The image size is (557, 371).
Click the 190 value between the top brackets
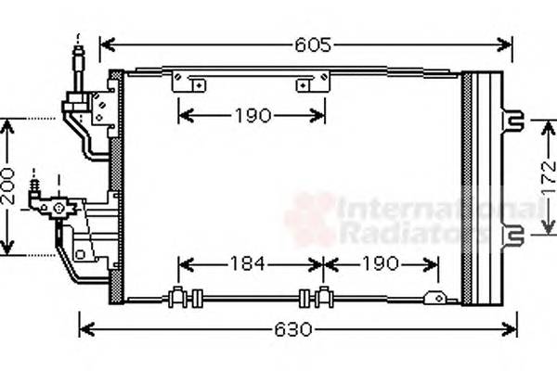click(x=251, y=116)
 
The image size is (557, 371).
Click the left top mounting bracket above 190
click(x=189, y=83)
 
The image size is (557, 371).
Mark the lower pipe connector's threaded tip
click(x=35, y=180)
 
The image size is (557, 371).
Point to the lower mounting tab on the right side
click(x=512, y=237)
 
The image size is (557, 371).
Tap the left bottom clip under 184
click(x=184, y=298)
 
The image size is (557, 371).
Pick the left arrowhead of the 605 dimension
click(x=106, y=45)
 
